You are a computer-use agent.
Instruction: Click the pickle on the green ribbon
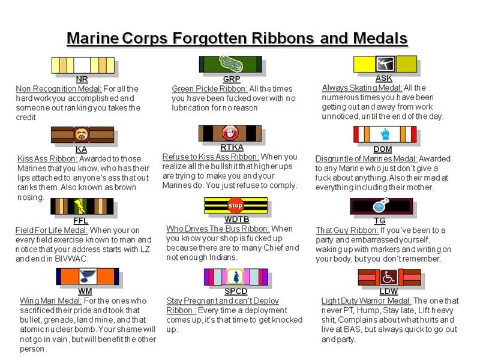231,64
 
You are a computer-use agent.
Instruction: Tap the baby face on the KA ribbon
82,134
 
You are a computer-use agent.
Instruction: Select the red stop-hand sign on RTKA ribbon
230,133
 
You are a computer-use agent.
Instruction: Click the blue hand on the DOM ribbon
385,134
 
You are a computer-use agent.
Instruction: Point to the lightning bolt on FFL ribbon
80,206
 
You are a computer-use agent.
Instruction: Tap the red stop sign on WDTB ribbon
235,205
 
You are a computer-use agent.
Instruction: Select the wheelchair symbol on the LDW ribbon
388,277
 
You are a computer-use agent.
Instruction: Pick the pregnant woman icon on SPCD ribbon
236,277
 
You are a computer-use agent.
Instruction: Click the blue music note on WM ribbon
88,277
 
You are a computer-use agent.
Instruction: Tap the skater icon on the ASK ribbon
385,64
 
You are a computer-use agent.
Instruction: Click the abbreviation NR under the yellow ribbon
82,79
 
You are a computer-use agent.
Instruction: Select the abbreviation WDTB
236,219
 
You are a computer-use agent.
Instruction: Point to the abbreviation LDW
388,291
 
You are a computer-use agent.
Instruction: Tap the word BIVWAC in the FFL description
71,259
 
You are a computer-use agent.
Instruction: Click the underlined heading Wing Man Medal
50,301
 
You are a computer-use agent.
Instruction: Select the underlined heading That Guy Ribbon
347,230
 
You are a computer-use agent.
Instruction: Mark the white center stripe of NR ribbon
82,65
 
